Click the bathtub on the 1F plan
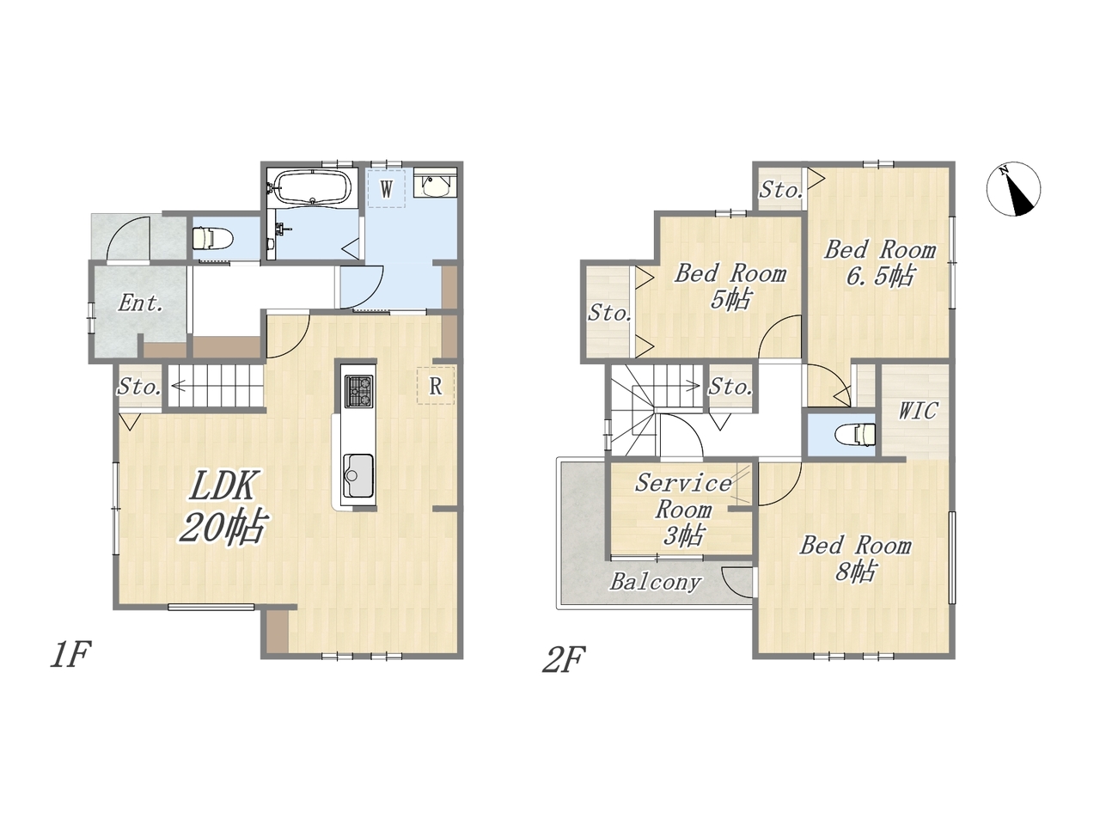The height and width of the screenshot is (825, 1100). click(x=312, y=187)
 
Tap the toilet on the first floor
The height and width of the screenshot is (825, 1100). click(x=212, y=237)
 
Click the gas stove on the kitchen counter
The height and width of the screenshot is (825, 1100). click(x=359, y=391)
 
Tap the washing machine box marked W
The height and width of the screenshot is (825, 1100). click(x=386, y=189)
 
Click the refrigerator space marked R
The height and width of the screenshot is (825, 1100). click(x=436, y=386)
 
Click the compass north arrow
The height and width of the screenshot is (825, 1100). click(x=1013, y=189)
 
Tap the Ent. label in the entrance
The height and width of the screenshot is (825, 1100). click(x=140, y=303)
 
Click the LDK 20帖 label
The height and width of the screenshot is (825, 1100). click(x=222, y=506)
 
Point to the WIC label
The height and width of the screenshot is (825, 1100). click(x=918, y=411)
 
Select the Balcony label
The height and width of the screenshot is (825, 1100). click(x=656, y=583)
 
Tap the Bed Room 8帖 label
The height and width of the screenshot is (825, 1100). click(x=855, y=559)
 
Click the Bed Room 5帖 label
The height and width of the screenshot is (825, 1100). click(x=730, y=287)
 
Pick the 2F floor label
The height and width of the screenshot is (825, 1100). click(x=564, y=659)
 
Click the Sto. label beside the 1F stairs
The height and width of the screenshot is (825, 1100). click(x=139, y=387)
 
